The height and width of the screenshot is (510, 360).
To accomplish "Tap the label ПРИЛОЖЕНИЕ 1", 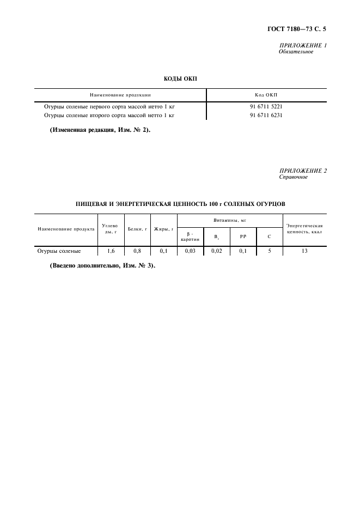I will pos(303,45).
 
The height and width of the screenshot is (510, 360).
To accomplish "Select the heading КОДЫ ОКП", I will pos(180,79).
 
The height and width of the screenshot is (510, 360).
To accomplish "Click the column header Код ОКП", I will pos(266,94).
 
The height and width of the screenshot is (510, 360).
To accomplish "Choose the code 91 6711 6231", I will pos(266,115).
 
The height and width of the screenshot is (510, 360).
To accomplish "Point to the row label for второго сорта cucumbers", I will pos(108,115).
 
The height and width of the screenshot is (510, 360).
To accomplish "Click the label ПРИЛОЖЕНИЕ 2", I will pos(303,171).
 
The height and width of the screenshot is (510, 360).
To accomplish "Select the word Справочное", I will pos(294,177).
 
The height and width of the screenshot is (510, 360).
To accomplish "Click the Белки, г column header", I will pos(137,229).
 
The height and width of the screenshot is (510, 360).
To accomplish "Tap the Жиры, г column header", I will pos(164,229).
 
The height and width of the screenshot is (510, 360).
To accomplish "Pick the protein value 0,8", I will pos(137,251).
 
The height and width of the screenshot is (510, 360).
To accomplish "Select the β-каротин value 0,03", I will pos(190,251).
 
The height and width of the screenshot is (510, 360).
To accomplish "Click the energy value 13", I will pos(304,251).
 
